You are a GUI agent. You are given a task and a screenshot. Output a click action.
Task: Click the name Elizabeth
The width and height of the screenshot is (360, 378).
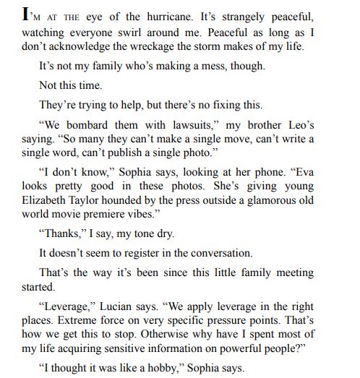pyautogui.click(x=46, y=200)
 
